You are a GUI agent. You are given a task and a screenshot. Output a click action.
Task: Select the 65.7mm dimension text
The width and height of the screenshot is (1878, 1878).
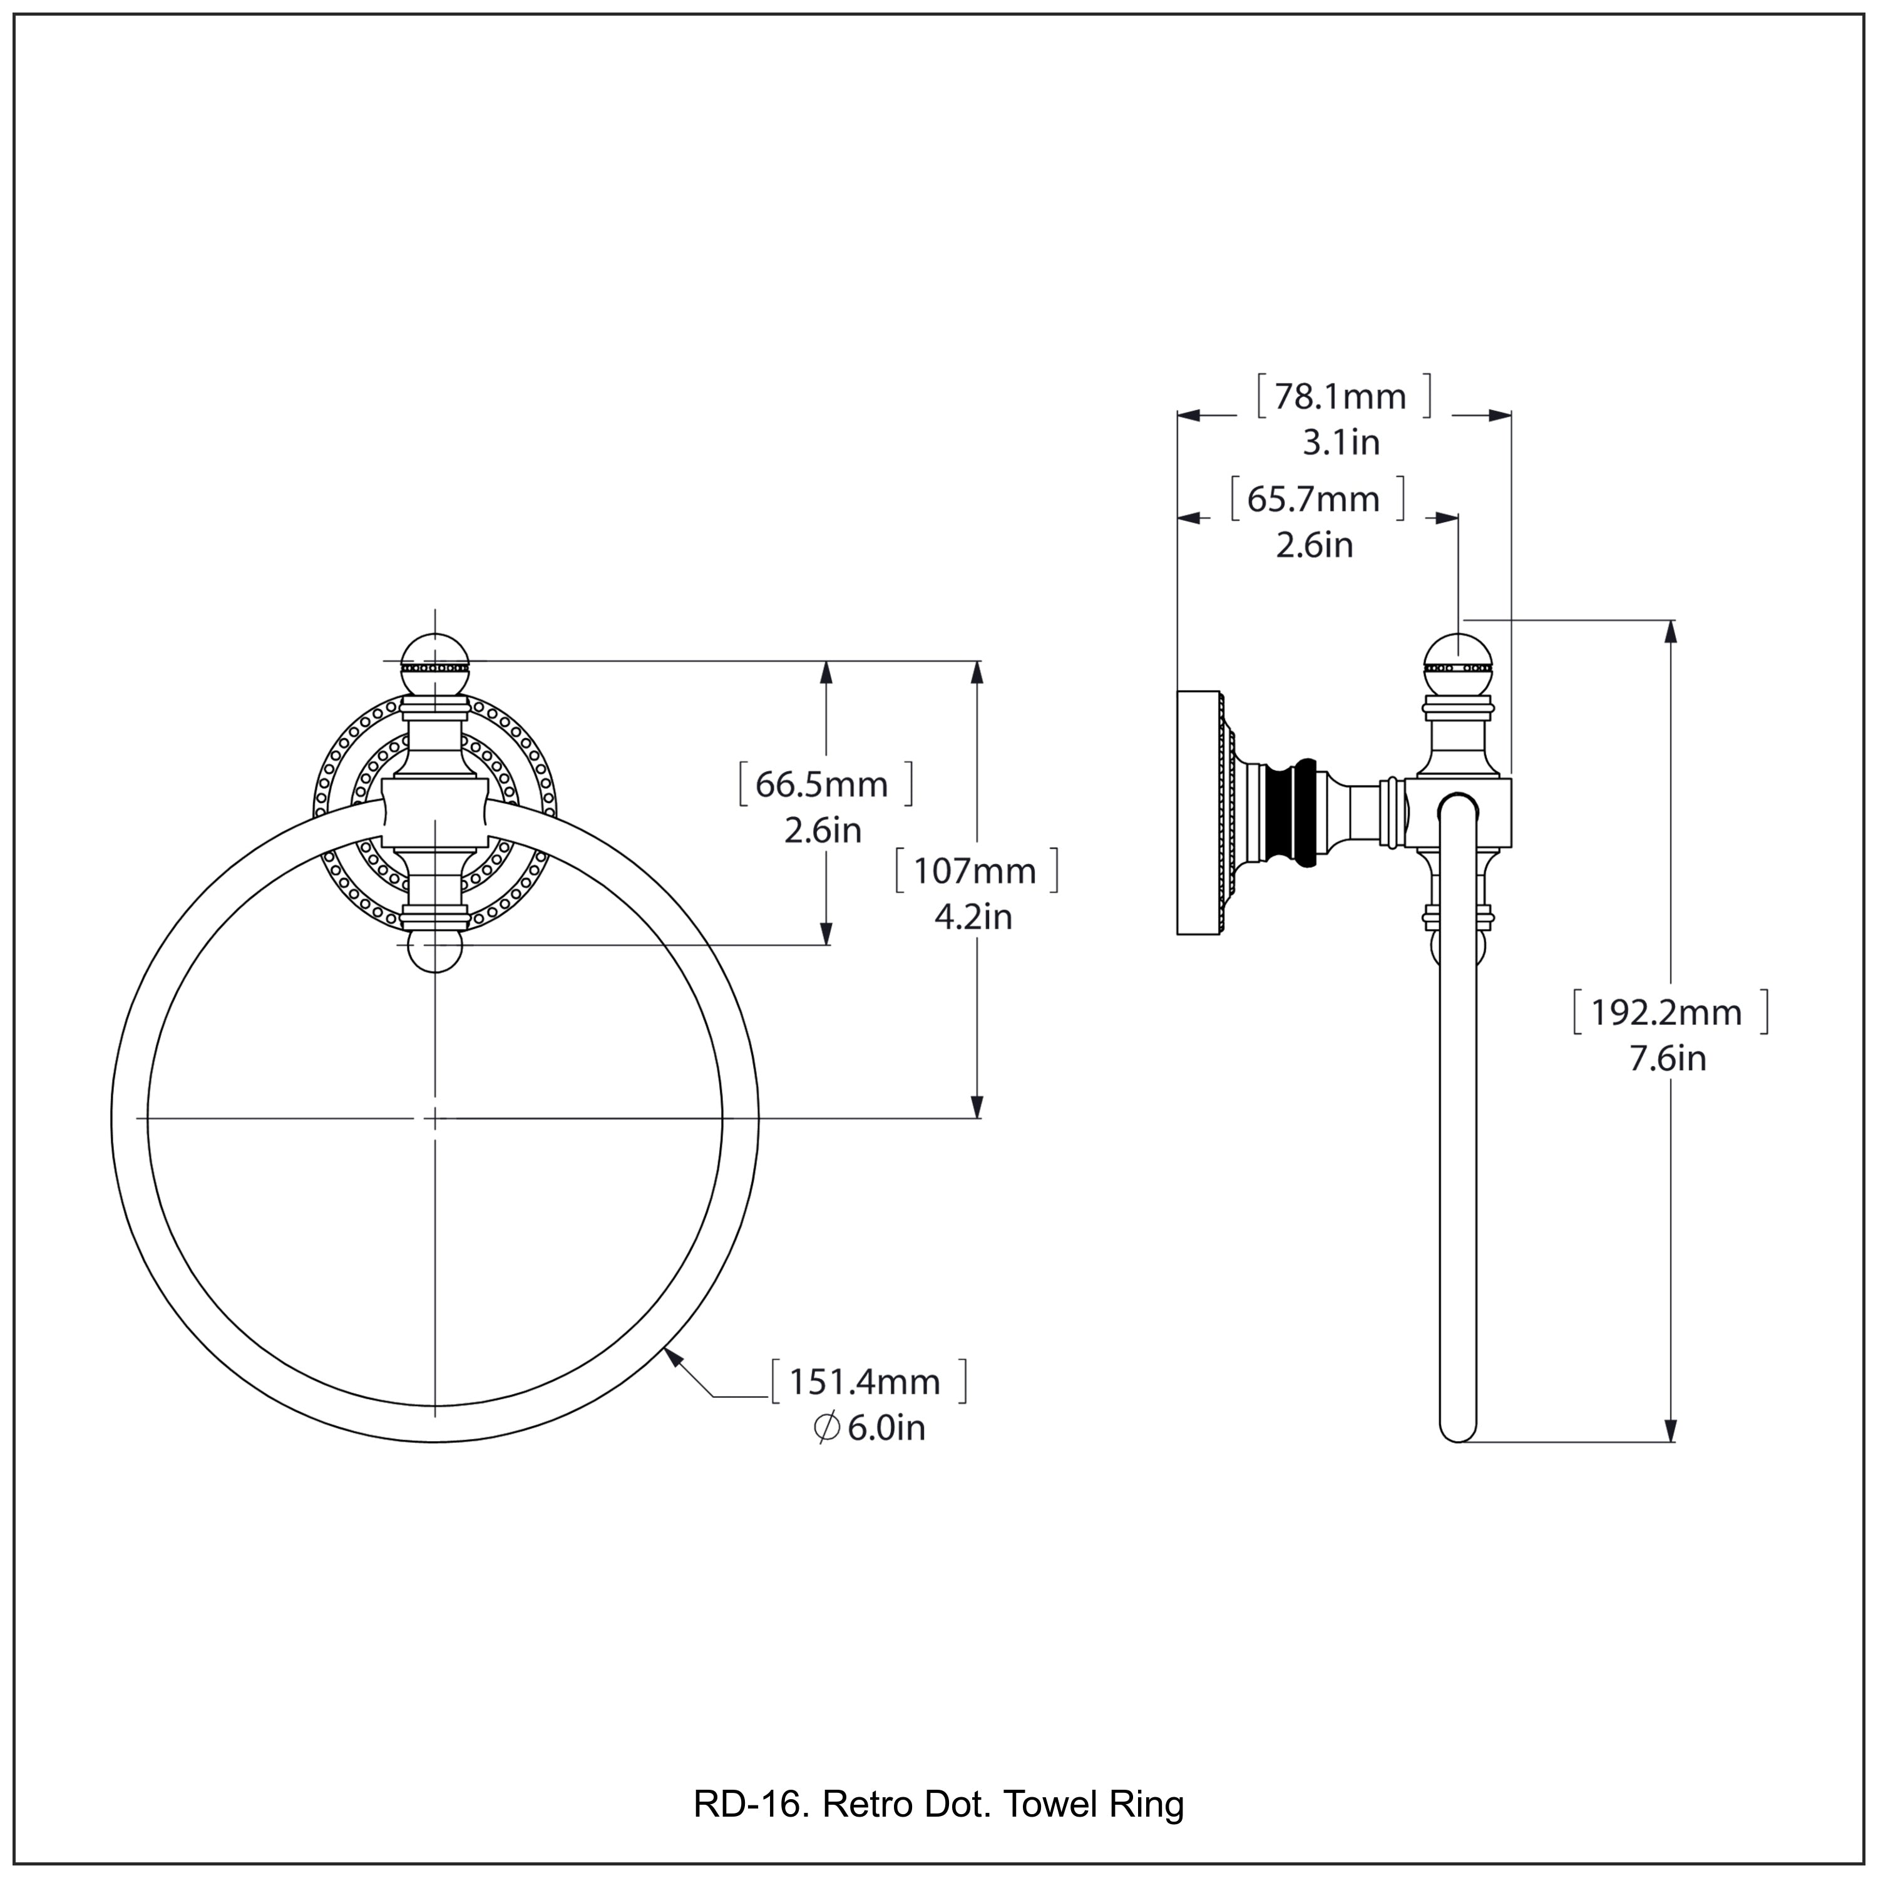pyautogui.click(x=1313, y=500)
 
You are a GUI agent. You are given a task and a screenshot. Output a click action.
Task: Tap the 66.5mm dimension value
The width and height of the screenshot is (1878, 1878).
pyautogui.click(x=823, y=784)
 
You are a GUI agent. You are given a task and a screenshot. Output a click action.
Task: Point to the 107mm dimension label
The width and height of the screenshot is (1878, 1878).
pyautogui.click(x=975, y=871)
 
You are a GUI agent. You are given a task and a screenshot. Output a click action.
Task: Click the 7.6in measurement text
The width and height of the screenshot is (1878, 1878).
pyautogui.click(x=1667, y=1059)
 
